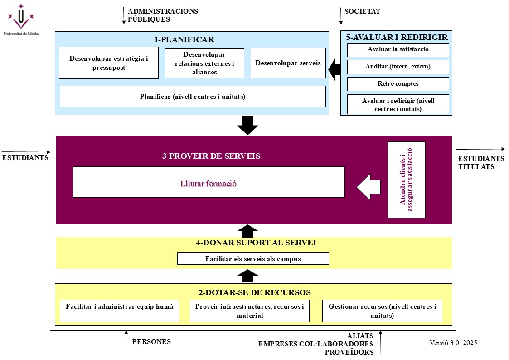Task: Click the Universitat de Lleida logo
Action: [21, 19]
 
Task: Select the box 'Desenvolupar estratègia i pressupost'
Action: [109, 63]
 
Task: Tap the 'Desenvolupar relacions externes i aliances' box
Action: [204, 63]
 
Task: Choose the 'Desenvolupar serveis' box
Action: [288, 63]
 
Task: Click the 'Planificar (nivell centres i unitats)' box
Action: [193, 97]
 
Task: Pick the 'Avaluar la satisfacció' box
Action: [398, 49]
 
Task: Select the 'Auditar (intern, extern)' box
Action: [398, 67]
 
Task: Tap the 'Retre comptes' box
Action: [398, 84]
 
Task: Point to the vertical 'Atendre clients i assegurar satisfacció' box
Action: [406, 180]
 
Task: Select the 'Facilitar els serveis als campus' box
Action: [253, 258]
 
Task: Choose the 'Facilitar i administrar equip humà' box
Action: [120, 311]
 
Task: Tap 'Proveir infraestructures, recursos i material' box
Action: [250, 311]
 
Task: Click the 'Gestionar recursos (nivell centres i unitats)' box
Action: [382, 311]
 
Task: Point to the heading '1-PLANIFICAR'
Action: [184, 39]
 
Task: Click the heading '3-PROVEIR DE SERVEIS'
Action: [211, 156]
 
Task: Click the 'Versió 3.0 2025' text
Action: [453, 343]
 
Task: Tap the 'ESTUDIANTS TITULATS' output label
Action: [481, 163]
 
